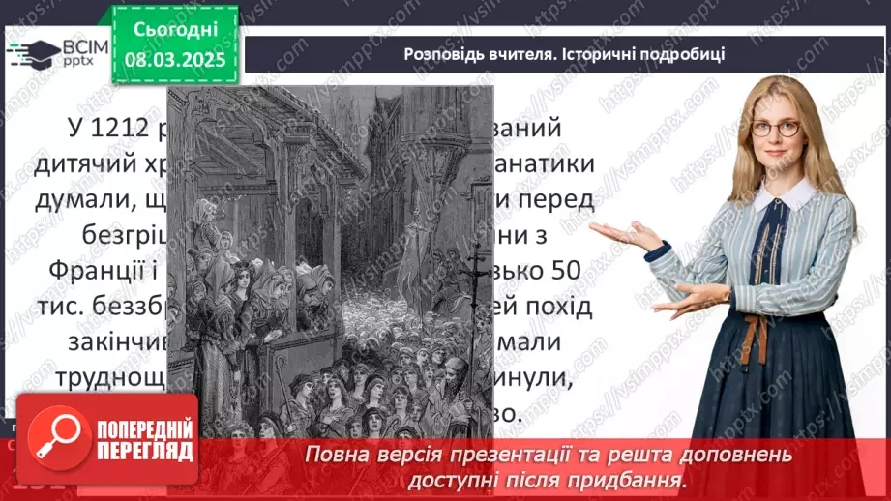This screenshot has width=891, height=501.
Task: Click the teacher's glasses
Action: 774,129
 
